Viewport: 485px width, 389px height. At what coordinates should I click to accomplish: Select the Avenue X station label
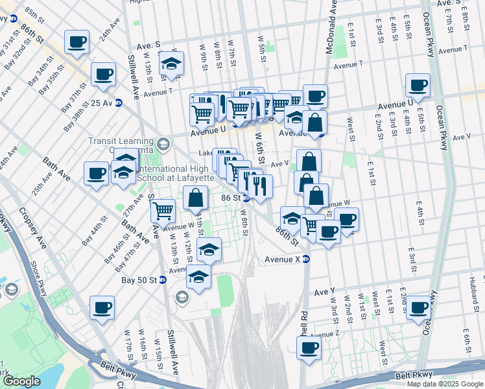click(x=282, y=259)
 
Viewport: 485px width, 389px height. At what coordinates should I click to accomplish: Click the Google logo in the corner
click(x=21, y=381)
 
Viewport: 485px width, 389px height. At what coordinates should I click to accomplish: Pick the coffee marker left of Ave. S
click(x=77, y=42)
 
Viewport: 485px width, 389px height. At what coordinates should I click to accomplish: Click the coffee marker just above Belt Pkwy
click(x=309, y=348)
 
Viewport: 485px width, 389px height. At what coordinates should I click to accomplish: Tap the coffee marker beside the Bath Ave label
click(x=96, y=173)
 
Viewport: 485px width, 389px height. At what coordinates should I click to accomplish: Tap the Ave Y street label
click(x=324, y=292)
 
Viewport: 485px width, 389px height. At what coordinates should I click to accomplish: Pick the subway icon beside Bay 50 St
click(x=163, y=280)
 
